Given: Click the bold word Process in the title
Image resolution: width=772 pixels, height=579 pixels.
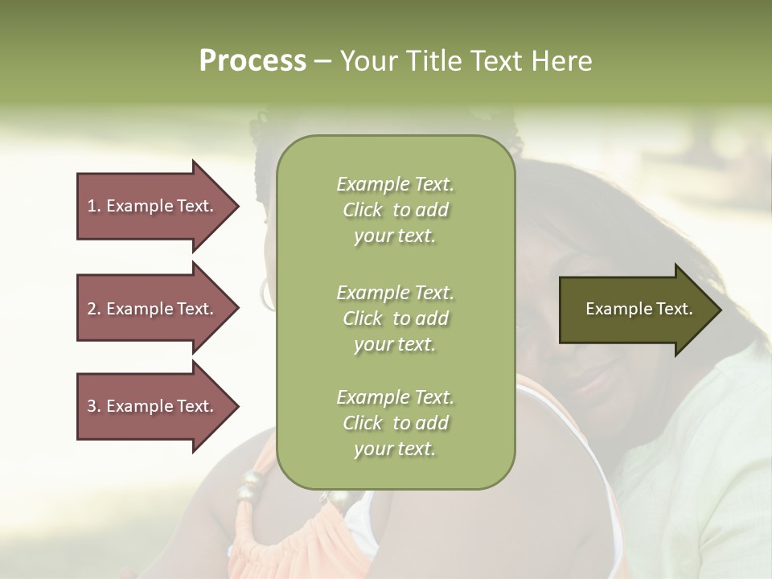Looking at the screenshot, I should click(253, 61).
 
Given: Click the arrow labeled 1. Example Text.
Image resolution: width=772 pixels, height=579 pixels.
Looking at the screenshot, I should click(153, 206).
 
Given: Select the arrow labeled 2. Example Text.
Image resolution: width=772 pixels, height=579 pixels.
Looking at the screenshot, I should click(153, 309).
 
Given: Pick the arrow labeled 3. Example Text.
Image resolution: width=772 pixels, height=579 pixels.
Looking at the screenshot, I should click(153, 406).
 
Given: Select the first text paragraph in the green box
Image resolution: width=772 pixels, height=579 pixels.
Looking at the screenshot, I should click(395, 210).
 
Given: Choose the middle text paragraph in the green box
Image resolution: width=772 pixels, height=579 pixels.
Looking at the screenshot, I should click(395, 318).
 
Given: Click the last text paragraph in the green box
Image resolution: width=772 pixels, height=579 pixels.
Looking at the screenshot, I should click(395, 423).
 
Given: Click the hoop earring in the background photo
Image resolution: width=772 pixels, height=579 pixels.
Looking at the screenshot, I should click(266, 294).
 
